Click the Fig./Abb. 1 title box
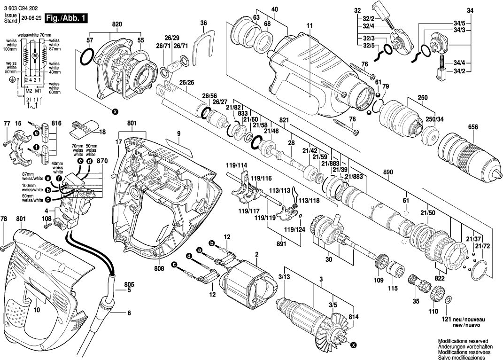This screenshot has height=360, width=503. pyautogui.click(x=65, y=19)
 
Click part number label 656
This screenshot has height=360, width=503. pyautogui.click(x=473, y=127)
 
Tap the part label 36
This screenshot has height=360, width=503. pyautogui.click(x=203, y=23)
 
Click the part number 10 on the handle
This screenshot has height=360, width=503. pyautogui.click(x=37, y=311)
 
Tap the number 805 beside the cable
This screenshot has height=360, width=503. pyautogui.click(x=129, y=284)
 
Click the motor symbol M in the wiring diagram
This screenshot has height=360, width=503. pyautogui.click(x=34, y=56)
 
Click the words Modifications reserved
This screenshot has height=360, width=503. pyautogui.click(x=463, y=341)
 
